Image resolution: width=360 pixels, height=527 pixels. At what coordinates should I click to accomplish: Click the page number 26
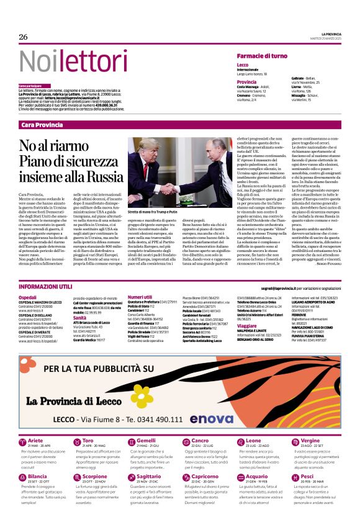tap(23, 37)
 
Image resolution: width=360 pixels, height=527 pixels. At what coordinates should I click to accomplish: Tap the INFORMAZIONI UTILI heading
tap(45, 287)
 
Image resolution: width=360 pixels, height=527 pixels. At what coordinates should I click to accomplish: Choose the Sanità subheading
tap(79, 317)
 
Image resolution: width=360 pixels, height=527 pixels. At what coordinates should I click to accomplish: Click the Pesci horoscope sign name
tap(307, 476)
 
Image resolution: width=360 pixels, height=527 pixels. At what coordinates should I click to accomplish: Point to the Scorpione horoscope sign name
tap(95, 476)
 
